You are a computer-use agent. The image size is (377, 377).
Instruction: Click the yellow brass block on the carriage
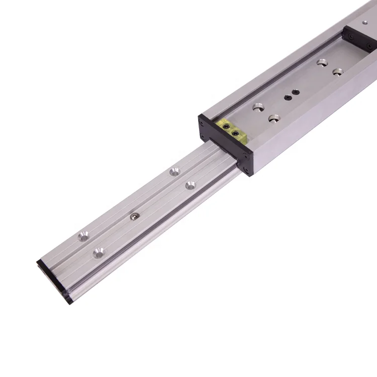pos(233,128)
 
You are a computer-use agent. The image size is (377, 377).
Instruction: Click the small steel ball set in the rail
pos(134,216)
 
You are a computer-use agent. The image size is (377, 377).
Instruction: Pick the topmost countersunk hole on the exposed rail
pos(174,171)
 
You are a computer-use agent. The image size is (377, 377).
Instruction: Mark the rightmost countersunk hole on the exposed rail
pos(191,185)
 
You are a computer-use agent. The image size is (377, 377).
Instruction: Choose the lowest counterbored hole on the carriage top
pos(274,119)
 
